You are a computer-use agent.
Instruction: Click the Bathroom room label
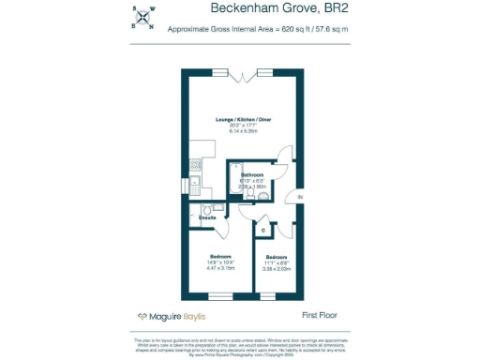(252, 175)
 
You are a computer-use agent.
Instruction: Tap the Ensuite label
(207, 217)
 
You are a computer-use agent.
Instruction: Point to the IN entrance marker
(300, 199)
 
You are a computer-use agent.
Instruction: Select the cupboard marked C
(263, 229)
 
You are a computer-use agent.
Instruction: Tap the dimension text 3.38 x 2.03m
(277, 269)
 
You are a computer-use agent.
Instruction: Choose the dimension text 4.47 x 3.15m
(219, 268)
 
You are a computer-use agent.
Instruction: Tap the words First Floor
(320, 316)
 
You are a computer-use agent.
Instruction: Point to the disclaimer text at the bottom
(240, 346)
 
